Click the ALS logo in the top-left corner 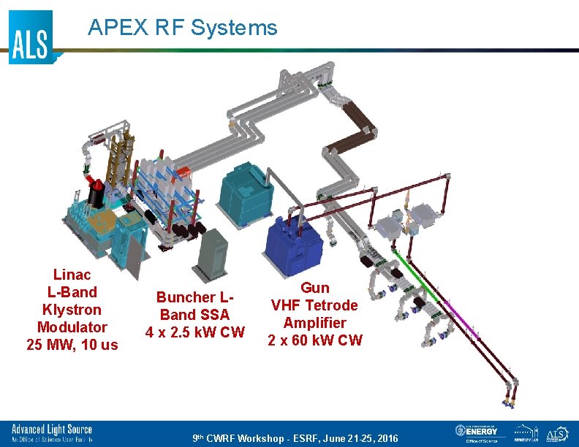31,38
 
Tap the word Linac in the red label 72,275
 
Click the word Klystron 72,310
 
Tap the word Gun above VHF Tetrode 315,288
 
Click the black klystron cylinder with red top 95,194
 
